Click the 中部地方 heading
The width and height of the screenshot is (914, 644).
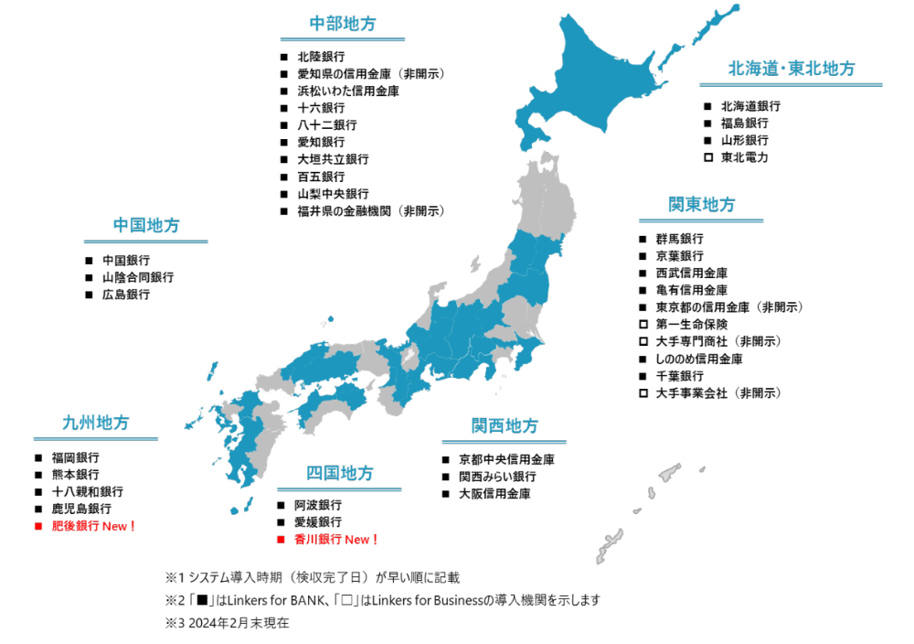343,24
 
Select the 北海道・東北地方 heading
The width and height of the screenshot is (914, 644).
792,69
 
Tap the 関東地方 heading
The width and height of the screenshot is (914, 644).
701,204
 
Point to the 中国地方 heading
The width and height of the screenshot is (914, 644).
146,225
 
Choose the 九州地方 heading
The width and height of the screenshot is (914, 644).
96,423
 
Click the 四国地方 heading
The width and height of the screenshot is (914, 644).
340,473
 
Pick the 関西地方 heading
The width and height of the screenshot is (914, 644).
505,425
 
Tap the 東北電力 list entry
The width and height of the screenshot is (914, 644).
744,157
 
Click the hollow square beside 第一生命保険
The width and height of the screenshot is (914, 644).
643,325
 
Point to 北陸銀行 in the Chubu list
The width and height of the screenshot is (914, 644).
321,57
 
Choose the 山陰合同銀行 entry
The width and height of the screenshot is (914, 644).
137,277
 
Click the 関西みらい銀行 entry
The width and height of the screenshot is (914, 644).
497,477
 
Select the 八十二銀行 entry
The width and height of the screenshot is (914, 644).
326,125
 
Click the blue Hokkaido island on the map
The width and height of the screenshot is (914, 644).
603,82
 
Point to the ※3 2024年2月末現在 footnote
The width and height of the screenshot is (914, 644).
227,622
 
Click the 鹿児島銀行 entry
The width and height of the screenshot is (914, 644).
81,509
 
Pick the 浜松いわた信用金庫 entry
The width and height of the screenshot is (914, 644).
347,91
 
